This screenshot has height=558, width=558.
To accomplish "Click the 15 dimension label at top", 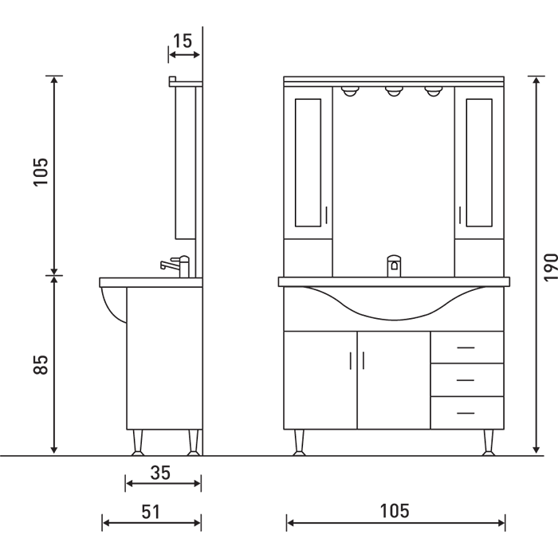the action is click(183, 41).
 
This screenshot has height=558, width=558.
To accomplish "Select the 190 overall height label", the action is click(551, 267).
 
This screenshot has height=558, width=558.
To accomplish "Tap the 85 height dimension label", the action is click(41, 364).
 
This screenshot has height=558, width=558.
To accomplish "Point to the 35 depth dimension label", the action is click(160, 473).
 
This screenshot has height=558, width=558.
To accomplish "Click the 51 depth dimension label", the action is click(151, 512).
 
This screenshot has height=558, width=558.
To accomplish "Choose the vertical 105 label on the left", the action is click(41, 171).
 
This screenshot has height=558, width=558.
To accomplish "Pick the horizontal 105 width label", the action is click(395, 511).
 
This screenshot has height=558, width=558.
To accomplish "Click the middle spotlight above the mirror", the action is click(393, 92).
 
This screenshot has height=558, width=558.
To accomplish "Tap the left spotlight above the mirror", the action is click(349, 92).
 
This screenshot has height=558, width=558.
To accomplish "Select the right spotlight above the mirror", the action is click(433, 92).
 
